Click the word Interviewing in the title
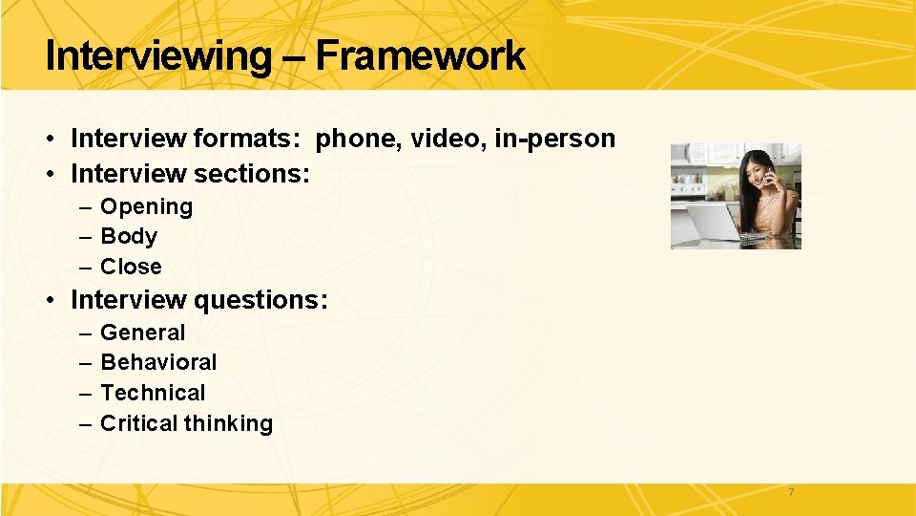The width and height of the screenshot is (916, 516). pyautogui.click(x=157, y=56)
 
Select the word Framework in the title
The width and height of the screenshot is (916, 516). pyautogui.click(x=420, y=56)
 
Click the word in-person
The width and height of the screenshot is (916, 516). pyautogui.click(x=555, y=140)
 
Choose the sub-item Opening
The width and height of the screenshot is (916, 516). pyautogui.click(x=146, y=206)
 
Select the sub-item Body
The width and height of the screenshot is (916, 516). pyautogui.click(x=129, y=236)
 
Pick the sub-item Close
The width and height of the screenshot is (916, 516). pyautogui.click(x=131, y=267)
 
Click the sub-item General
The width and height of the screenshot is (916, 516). pyautogui.click(x=143, y=333)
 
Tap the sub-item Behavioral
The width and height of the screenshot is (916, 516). pyautogui.click(x=158, y=362)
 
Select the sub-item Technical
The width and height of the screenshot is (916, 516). pyautogui.click(x=153, y=393)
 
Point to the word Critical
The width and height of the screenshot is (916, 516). pyautogui.click(x=139, y=423)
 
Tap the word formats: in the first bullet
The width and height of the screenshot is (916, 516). pyautogui.click(x=247, y=140)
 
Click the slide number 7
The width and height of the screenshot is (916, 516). pyautogui.click(x=790, y=492)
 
